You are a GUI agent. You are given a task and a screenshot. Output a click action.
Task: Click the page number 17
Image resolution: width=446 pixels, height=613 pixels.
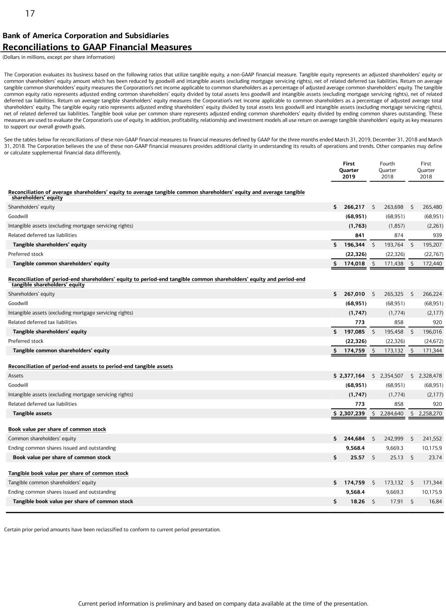tap(30, 13)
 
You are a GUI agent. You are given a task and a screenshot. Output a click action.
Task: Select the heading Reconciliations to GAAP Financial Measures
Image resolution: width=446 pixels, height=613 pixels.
tap(97, 47)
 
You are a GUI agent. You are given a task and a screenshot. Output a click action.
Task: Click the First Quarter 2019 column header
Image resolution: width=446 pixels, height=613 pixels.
tap(349, 170)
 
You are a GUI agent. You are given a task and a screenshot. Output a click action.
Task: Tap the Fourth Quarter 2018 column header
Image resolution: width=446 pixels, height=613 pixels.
tap(387, 170)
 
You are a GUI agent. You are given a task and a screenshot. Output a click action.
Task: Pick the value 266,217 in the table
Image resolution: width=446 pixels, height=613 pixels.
tap(354, 207)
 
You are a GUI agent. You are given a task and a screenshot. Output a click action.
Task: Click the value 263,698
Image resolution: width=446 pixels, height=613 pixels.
tap(393, 207)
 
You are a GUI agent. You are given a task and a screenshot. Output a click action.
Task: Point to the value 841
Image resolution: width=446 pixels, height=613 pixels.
tap(359, 235)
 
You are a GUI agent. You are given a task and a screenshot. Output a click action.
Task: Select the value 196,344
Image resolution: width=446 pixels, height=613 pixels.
tap(354, 245)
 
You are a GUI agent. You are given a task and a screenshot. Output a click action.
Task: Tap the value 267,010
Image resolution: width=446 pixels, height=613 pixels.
tap(354, 294)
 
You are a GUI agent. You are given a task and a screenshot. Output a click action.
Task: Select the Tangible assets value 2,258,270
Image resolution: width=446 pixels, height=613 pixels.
tap(430, 414)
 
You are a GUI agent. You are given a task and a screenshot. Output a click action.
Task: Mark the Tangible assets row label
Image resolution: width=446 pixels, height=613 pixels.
tap(32, 414)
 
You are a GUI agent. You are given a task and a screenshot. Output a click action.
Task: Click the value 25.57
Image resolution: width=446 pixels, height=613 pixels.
tap(357, 458)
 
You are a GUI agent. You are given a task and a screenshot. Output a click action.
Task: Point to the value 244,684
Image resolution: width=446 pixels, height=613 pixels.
tap(354, 439)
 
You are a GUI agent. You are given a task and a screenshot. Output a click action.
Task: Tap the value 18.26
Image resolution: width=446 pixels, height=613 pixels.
tap(357, 502)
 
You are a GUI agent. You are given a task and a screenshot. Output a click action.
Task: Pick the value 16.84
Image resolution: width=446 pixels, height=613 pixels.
tap(435, 502)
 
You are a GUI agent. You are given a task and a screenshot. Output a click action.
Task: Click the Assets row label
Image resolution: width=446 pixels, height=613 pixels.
tap(16, 376)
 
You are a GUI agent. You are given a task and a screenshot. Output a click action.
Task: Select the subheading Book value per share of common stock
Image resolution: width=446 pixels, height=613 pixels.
tap(57, 429)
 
